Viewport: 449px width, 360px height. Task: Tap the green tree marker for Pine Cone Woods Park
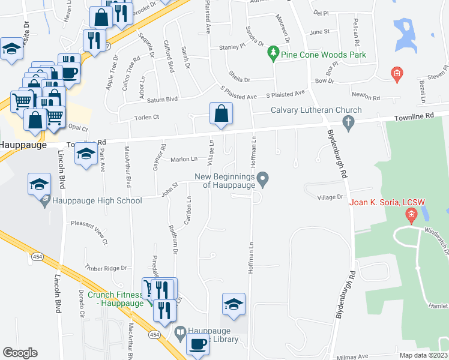274,55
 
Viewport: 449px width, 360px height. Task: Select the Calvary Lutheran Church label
316,110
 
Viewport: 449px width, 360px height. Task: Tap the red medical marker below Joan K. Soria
411,215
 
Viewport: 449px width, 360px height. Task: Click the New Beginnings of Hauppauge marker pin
262,178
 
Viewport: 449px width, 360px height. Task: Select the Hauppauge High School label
97,201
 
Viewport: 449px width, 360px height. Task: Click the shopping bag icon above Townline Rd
221,113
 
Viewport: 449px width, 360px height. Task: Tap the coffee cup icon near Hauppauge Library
198,344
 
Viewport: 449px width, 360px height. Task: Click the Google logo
20,352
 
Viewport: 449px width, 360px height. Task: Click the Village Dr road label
330,197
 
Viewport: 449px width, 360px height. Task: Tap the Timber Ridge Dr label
106,268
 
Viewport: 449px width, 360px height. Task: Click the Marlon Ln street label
184,159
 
